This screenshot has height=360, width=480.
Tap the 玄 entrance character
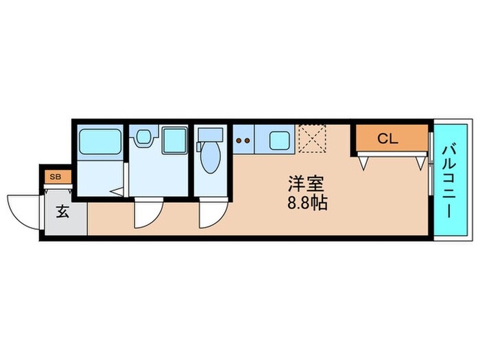62,212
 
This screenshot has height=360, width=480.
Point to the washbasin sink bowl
143,137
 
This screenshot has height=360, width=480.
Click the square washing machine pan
174,141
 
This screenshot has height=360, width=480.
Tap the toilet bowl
210,163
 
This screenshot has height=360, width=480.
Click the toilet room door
208,215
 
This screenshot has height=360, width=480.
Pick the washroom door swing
145,214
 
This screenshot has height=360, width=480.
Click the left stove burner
238,143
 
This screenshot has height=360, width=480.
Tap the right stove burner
246,143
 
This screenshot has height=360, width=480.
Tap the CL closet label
387,139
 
